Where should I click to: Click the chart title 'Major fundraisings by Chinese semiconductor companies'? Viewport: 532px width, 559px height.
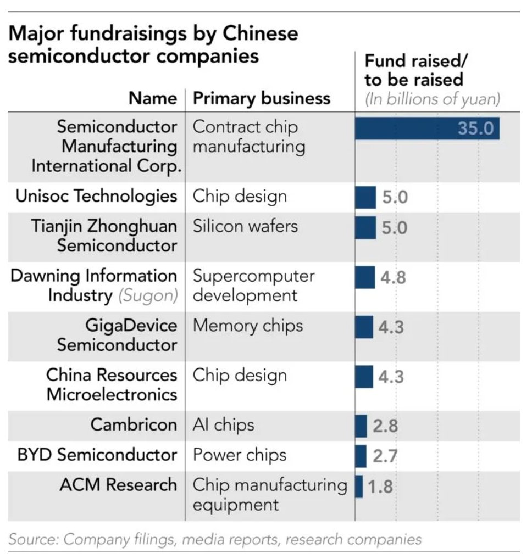(x=154, y=44)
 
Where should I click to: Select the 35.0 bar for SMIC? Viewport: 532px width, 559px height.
(x=427, y=128)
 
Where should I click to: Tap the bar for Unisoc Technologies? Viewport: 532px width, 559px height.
(x=365, y=197)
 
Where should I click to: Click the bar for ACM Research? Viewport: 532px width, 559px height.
(x=359, y=487)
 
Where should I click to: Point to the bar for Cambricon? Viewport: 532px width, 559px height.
(x=361, y=426)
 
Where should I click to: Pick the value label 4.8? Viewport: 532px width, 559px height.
(x=392, y=277)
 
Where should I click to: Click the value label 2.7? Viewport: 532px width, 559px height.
(x=384, y=456)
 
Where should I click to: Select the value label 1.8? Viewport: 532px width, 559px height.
(x=380, y=487)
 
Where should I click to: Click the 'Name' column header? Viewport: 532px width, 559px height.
(x=153, y=98)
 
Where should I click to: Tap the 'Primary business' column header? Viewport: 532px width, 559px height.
(x=262, y=98)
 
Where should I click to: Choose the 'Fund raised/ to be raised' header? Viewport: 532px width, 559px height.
(x=414, y=70)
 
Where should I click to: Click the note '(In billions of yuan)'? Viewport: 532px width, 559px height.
(x=433, y=99)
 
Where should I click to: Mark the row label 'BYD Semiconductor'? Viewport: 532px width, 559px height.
(x=97, y=455)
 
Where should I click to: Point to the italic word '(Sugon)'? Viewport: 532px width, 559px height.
(x=147, y=295)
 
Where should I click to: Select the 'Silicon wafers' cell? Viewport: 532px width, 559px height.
(x=245, y=226)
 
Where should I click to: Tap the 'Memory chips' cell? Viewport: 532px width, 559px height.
(x=248, y=325)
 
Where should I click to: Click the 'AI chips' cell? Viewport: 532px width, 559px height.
(x=224, y=425)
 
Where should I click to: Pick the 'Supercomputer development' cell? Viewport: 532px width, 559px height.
(x=253, y=285)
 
